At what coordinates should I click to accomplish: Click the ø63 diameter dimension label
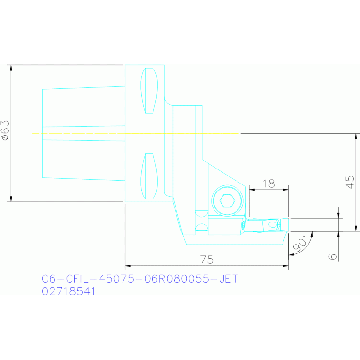click(x=6, y=130)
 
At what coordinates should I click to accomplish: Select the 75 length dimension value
click(x=207, y=260)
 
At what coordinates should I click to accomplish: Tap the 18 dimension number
click(x=268, y=184)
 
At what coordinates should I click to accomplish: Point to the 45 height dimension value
click(x=350, y=182)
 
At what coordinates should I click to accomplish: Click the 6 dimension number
click(x=332, y=256)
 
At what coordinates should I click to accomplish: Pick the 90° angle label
click(x=300, y=244)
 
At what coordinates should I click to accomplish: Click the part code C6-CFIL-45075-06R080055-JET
click(x=140, y=279)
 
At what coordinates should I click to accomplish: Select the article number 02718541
click(x=69, y=291)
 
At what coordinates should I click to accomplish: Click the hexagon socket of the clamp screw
click(x=227, y=201)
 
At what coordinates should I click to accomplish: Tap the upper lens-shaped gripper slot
click(x=149, y=91)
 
